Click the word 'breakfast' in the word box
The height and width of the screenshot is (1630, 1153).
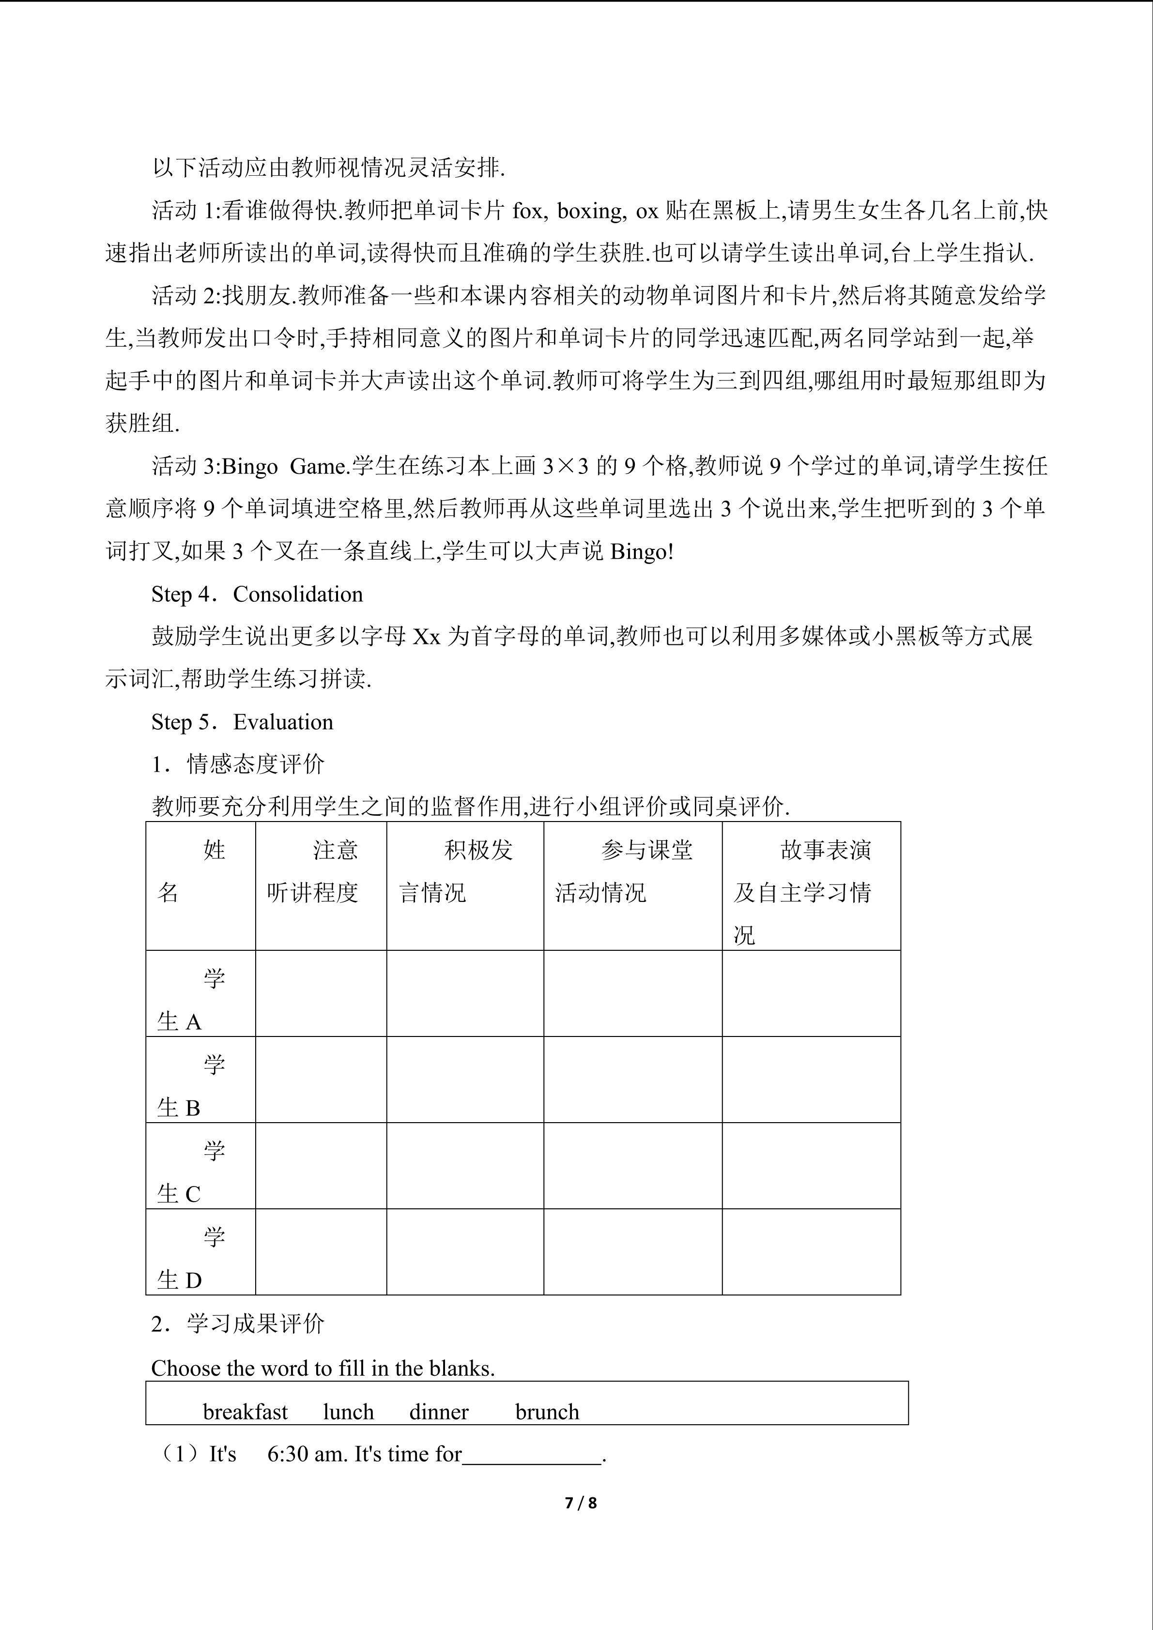click(x=245, y=1412)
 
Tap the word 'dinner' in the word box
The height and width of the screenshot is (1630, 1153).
click(x=439, y=1412)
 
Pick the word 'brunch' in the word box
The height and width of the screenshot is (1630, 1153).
click(x=547, y=1412)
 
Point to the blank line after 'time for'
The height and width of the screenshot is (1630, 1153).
click(x=532, y=1455)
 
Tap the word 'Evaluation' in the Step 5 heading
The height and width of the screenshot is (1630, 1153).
click(x=283, y=722)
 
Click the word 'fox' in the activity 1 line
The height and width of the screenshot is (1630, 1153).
click(x=526, y=211)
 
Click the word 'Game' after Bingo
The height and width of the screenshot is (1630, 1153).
click(x=317, y=466)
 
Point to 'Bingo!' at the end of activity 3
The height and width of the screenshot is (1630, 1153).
click(x=642, y=551)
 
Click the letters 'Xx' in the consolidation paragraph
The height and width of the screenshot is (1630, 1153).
click(x=427, y=637)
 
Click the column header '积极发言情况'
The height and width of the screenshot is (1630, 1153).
click(x=464, y=871)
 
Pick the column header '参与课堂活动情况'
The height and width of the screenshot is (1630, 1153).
click(x=632, y=871)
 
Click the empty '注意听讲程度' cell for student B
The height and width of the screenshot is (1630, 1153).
click(x=321, y=1079)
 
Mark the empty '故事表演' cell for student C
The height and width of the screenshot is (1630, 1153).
click(x=811, y=1166)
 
